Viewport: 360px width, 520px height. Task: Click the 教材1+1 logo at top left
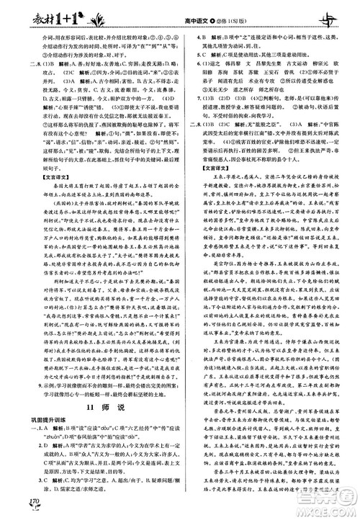click(43, 14)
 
